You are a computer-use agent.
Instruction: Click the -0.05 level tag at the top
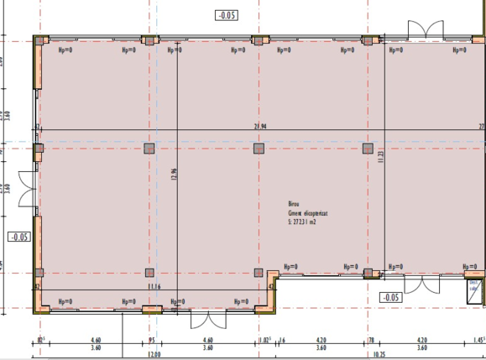pyautogui.click(x=227, y=15)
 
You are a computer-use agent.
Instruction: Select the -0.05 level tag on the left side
pyautogui.click(x=20, y=237)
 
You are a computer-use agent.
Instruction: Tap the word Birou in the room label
pyautogui.click(x=293, y=204)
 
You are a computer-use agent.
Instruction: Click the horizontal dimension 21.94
pyautogui.click(x=260, y=126)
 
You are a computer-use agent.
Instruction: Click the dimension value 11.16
pyautogui.click(x=154, y=286)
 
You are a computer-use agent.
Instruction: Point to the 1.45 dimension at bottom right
pyautogui.click(x=478, y=341)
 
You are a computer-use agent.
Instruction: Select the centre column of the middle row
pyautogui.click(x=259, y=149)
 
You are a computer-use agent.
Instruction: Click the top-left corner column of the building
pyautogui.click(x=39, y=40)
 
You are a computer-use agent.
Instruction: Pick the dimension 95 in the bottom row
pyautogui.click(x=151, y=341)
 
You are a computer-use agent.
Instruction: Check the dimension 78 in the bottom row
pyautogui.click(x=370, y=341)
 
